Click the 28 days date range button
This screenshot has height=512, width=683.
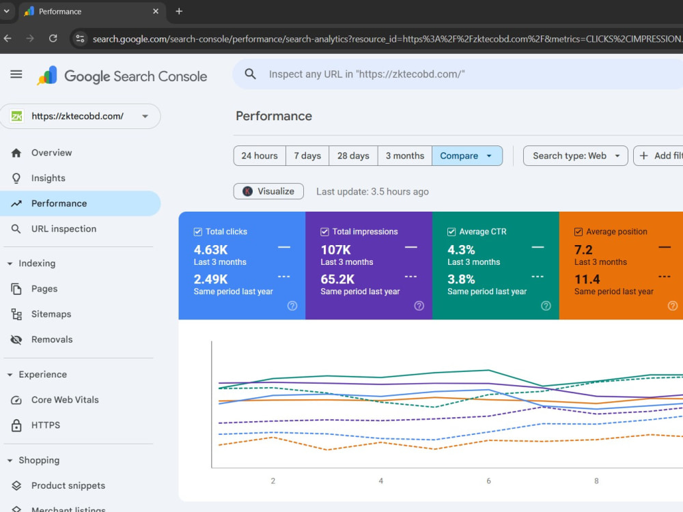(x=353, y=156)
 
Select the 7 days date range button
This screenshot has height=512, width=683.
(x=307, y=156)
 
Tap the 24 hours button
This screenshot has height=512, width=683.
(x=260, y=156)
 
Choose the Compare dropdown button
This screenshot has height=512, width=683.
(x=467, y=156)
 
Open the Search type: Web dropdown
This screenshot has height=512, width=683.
(x=575, y=156)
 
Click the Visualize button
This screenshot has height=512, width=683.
(x=268, y=191)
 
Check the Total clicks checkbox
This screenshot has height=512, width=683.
(x=198, y=231)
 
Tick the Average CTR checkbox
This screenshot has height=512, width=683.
(x=451, y=231)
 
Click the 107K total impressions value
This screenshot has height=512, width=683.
(x=335, y=250)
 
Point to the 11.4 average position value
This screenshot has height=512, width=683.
(x=587, y=279)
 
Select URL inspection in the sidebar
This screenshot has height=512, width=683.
(x=64, y=229)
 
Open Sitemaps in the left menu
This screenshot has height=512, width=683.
(x=51, y=314)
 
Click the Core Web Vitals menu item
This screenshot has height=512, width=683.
(x=65, y=399)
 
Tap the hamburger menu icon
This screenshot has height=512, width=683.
(x=16, y=74)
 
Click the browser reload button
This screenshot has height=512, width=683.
(x=53, y=38)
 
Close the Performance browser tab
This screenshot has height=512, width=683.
(x=156, y=12)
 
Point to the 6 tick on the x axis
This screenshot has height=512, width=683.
(x=488, y=481)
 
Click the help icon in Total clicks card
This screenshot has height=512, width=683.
(x=292, y=306)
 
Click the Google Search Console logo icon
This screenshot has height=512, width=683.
(x=48, y=75)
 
